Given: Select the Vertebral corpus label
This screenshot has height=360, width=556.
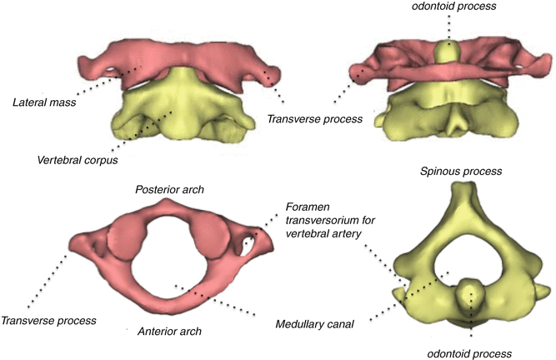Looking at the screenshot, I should (78, 158).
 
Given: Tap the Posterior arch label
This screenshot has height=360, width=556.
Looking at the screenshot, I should (171, 190).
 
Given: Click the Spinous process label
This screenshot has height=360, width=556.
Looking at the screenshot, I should (462, 171).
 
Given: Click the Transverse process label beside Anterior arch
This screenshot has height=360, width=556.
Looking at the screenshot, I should (49, 320).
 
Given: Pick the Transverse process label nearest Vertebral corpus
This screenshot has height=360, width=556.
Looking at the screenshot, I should (314, 119).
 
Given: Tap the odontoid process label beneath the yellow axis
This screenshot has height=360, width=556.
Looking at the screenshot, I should (472, 352).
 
